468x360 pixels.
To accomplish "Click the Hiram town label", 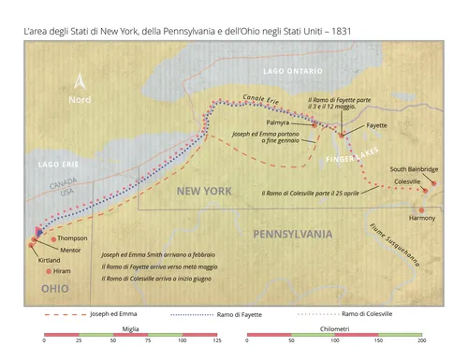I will point(63,270).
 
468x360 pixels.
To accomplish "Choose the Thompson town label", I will point(72,238).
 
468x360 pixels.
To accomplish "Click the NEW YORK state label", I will point(203,192).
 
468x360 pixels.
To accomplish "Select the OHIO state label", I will point(55,290).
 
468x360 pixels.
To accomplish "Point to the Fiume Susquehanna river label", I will point(407,245).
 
